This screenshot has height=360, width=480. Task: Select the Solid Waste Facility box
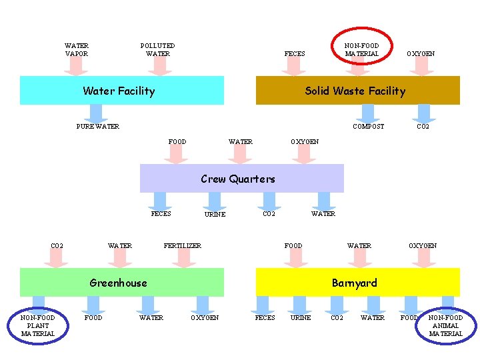click(357, 91)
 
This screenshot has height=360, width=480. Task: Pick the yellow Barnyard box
click(357, 283)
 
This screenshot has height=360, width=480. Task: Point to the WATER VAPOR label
click(77, 50)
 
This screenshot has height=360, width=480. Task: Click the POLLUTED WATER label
click(158, 50)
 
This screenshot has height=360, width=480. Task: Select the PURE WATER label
click(98, 127)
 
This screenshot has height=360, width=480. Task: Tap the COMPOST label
click(368, 127)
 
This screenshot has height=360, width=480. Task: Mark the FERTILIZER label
click(183, 246)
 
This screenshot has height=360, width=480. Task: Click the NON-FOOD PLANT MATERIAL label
click(38, 325)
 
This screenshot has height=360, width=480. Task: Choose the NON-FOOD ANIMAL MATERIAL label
click(445, 325)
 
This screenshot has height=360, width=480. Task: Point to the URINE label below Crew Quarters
click(215, 215)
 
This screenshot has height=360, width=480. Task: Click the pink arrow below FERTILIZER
click(183, 259)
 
